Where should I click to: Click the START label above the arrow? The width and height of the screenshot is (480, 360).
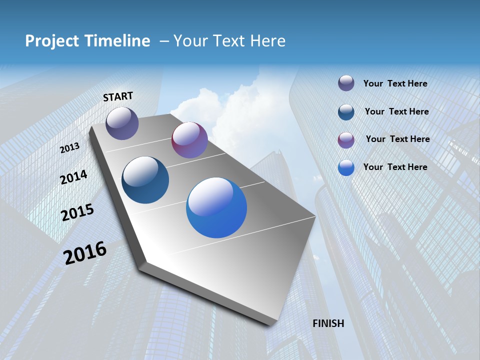pyautogui.click(x=118, y=96)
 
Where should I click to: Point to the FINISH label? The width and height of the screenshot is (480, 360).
pyautogui.click(x=328, y=323)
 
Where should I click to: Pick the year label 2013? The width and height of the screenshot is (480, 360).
pyautogui.click(x=70, y=148)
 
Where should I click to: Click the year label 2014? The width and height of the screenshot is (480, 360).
pyautogui.click(x=74, y=177)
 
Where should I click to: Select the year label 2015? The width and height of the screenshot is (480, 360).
pyautogui.click(x=77, y=213)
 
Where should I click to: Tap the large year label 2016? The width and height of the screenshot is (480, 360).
pyautogui.click(x=85, y=253)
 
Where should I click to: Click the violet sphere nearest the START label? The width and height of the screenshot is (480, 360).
pyautogui.click(x=122, y=123)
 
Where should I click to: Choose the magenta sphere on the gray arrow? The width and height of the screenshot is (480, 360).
pyautogui.click(x=189, y=140)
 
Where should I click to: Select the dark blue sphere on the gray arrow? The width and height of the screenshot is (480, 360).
pyautogui.click(x=145, y=180)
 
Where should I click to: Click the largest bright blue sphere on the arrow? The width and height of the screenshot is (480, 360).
pyautogui.click(x=216, y=207)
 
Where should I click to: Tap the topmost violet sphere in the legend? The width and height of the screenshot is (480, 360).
pyautogui.click(x=346, y=83)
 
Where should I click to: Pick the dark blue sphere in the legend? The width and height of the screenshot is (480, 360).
pyautogui.click(x=346, y=112)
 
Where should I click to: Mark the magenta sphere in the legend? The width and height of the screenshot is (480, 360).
pyautogui.click(x=346, y=140)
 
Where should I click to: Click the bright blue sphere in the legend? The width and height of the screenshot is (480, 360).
pyautogui.click(x=346, y=167)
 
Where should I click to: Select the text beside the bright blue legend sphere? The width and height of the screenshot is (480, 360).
pyautogui.click(x=395, y=167)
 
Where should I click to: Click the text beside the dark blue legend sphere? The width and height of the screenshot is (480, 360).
pyautogui.click(x=396, y=111)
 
